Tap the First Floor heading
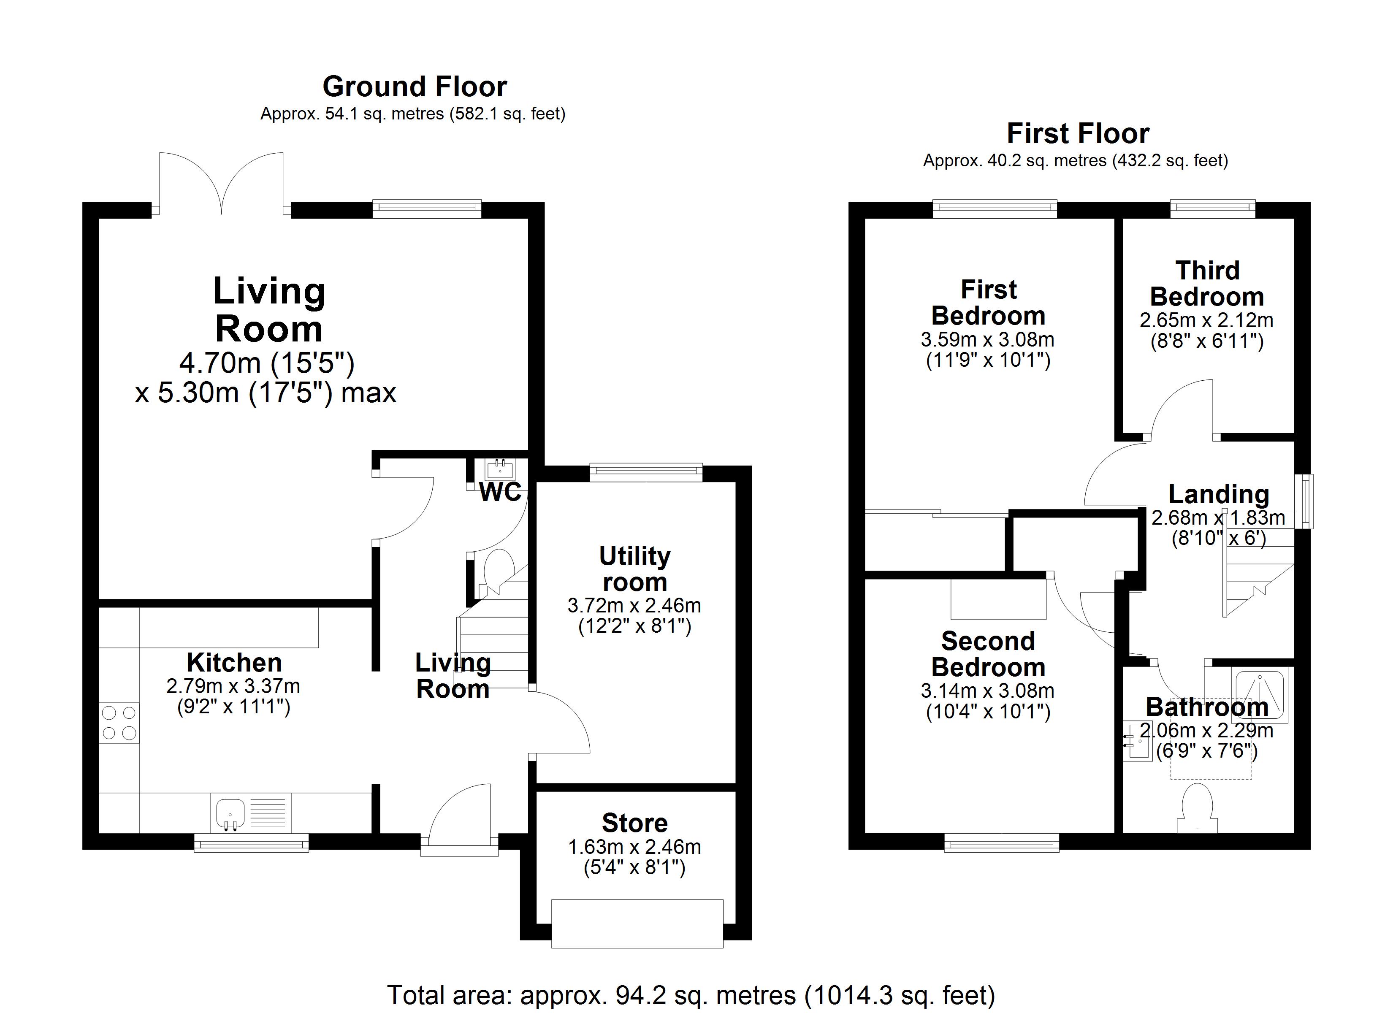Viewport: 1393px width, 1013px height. pos(1078,133)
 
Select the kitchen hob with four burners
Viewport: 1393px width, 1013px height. pos(119,723)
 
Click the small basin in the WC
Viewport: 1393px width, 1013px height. pos(500,469)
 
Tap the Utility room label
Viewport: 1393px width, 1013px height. pos(635,569)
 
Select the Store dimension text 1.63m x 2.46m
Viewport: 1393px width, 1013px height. pos(634,847)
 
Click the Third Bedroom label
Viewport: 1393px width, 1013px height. pos(1207,284)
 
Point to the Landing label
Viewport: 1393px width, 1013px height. pos(1219,495)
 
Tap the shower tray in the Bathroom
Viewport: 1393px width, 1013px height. pos(1260,696)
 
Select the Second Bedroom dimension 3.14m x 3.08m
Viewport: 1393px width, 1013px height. pos(988,691)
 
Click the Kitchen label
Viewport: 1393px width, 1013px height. pos(235,663)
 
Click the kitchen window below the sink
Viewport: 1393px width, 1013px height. pos(251,842)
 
